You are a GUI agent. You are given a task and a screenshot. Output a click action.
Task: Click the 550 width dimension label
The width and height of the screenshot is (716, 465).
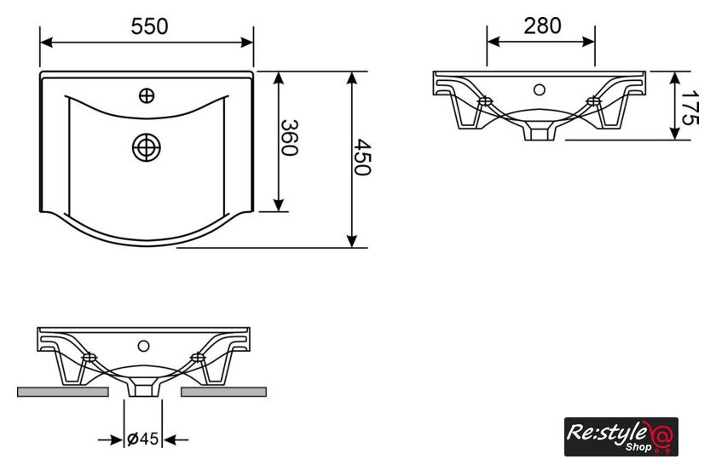(x=149, y=26)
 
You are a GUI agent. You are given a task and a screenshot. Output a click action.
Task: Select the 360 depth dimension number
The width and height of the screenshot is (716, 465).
(x=289, y=138)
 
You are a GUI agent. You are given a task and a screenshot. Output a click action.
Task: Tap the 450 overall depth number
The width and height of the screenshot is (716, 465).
(x=362, y=158)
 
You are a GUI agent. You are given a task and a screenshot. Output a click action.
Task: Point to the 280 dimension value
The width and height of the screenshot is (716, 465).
(x=542, y=26)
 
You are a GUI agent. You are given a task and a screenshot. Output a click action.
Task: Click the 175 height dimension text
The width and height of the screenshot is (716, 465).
(x=690, y=107)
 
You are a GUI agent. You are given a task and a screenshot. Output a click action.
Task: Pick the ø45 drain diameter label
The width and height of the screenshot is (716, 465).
(x=143, y=439)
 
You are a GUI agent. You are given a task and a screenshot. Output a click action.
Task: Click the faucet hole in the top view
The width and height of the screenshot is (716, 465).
(x=147, y=96)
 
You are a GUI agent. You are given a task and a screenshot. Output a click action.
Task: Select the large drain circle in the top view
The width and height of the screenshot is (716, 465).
(x=146, y=147)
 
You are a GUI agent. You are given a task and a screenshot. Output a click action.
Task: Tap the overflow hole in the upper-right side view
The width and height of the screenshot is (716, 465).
(x=540, y=90)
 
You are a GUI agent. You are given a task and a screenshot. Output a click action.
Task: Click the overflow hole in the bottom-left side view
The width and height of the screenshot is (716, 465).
(x=143, y=346)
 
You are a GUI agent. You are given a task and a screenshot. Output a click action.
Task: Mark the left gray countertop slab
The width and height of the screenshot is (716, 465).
(x=63, y=392)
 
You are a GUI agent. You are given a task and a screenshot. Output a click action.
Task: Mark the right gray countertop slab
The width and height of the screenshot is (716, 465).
(x=223, y=392)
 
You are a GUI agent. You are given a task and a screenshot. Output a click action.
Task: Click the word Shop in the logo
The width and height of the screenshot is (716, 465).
(x=638, y=447)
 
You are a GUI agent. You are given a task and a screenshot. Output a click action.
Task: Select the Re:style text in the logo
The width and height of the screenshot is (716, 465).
(x=606, y=432)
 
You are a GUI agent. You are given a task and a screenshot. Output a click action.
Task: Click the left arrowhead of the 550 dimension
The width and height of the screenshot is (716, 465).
(x=47, y=43)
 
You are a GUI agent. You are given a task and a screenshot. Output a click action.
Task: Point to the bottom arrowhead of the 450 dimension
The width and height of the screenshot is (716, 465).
(x=351, y=241)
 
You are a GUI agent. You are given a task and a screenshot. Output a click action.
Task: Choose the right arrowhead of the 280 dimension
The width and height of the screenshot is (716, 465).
(x=588, y=42)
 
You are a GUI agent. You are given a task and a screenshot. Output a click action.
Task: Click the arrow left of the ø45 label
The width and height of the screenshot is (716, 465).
(x=111, y=440)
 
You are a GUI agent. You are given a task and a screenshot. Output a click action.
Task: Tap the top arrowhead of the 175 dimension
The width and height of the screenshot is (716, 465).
(x=675, y=78)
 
